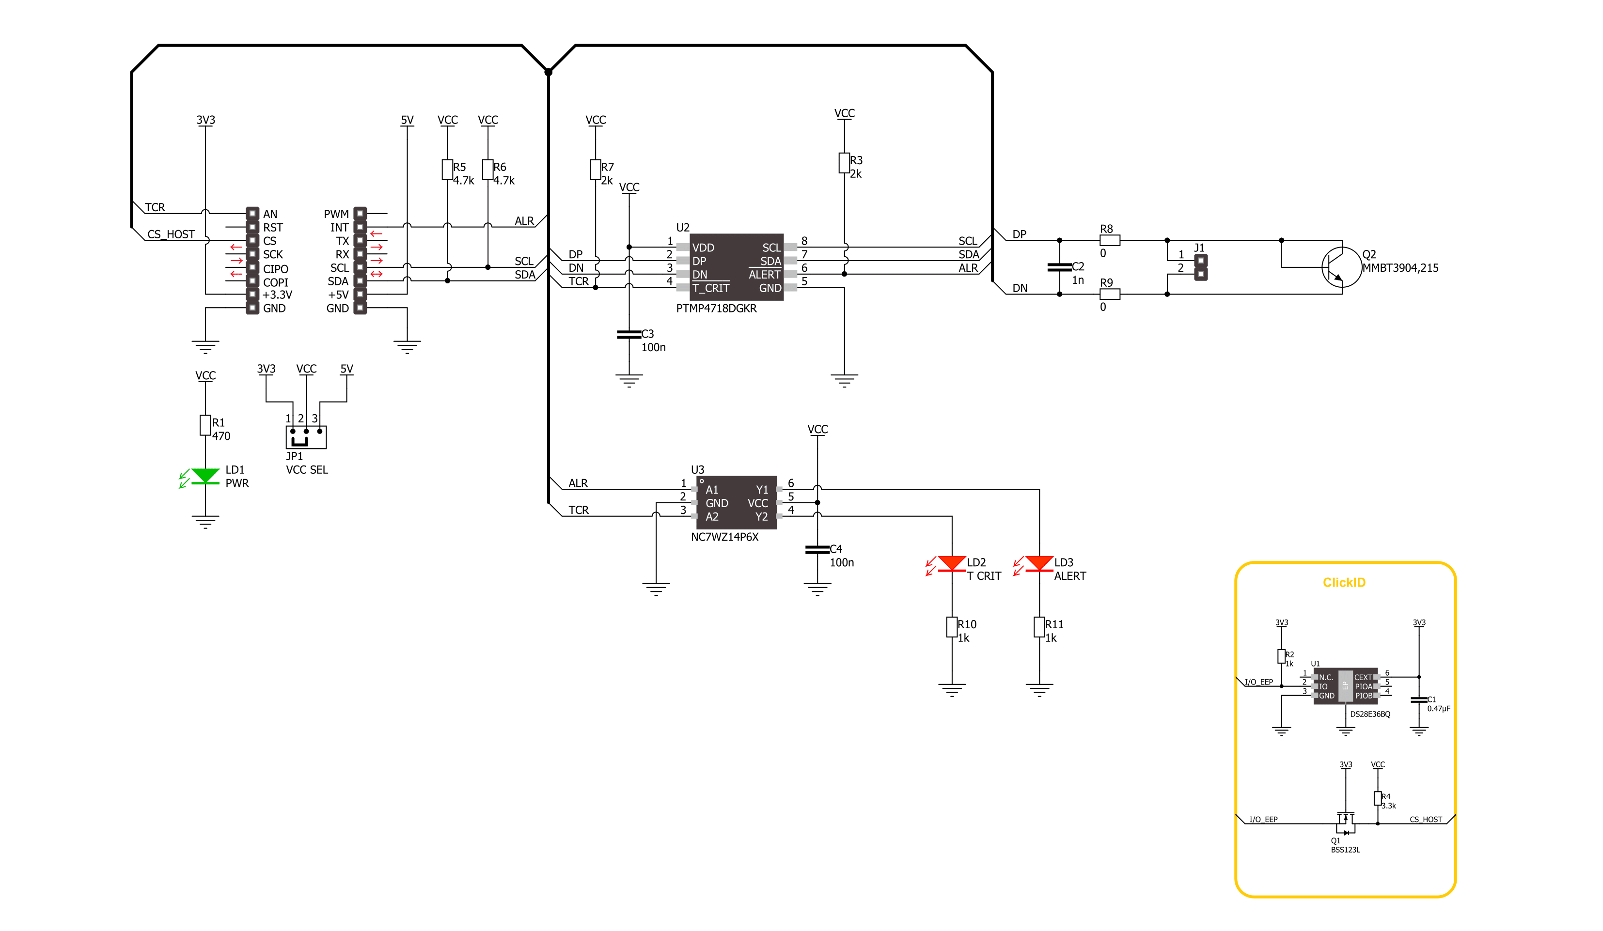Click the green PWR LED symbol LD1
pyautogui.click(x=205, y=476)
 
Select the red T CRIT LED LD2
pyautogui.click(x=952, y=564)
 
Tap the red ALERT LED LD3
pyautogui.click(x=1039, y=564)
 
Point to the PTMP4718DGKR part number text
pyautogui.click(x=716, y=309)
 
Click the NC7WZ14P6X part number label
pyautogui.click(x=724, y=537)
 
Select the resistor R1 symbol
pyautogui.click(x=205, y=425)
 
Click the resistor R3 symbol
pyautogui.click(x=844, y=163)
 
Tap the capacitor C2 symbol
pyautogui.click(x=1059, y=267)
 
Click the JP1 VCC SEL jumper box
pyautogui.click(x=306, y=437)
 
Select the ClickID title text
pyautogui.click(x=1344, y=583)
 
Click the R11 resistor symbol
pyautogui.click(x=1039, y=627)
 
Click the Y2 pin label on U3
pyautogui.click(x=761, y=517)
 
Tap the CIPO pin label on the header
pyautogui.click(x=275, y=269)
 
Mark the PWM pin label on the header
pyautogui.click(x=336, y=214)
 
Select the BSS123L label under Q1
pyautogui.click(x=1345, y=850)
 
